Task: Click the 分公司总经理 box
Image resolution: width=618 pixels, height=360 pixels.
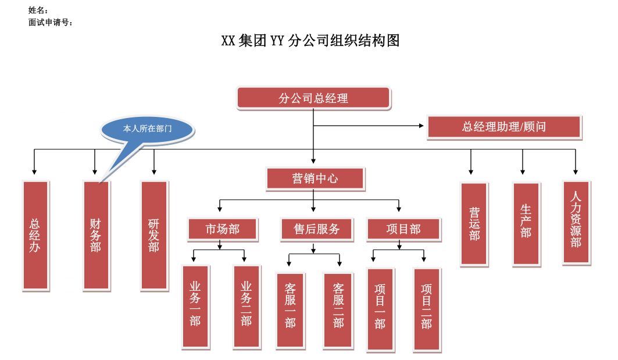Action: (x=313, y=98)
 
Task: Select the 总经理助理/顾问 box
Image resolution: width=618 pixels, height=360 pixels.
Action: (x=504, y=127)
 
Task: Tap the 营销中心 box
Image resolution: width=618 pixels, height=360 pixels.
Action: (x=315, y=179)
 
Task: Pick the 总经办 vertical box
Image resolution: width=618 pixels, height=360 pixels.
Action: (x=35, y=235)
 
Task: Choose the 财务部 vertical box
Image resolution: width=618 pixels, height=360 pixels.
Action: (x=96, y=235)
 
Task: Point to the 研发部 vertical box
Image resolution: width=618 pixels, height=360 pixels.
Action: (x=154, y=235)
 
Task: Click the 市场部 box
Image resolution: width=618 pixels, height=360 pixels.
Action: (x=222, y=229)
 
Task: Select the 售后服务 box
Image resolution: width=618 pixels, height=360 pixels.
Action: (x=317, y=229)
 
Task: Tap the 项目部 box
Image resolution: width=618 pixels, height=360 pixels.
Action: (x=403, y=229)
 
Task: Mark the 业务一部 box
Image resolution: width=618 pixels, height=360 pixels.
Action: (x=195, y=305)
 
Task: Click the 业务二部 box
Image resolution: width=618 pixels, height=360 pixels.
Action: (x=246, y=305)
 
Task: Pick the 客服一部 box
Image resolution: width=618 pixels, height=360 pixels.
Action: (x=290, y=309)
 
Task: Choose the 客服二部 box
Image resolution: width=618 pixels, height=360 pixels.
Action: (x=338, y=309)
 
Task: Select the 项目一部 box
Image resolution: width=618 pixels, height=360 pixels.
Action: (x=380, y=308)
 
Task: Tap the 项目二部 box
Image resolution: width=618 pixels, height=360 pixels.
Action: (x=427, y=308)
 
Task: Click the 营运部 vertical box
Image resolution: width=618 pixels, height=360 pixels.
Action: (x=474, y=224)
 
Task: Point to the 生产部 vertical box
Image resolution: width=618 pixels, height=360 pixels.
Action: (x=526, y=224)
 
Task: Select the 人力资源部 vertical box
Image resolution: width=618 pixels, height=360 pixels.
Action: (x=576, y=222)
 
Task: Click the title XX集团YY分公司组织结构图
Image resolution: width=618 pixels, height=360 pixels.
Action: (x=310, y=41)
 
